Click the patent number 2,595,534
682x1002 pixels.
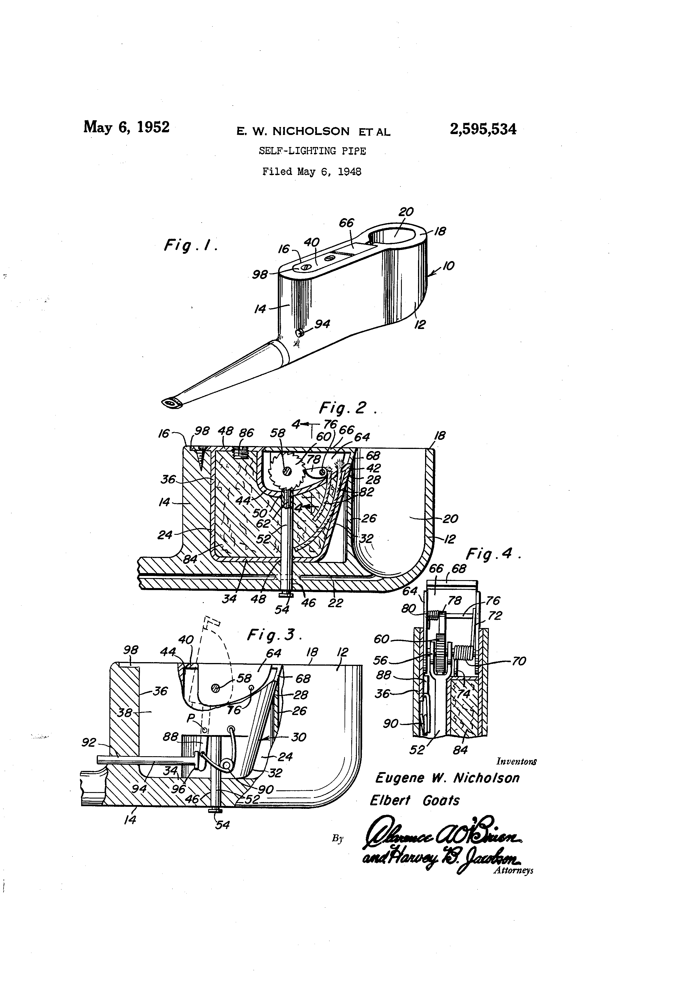tap(482, 129)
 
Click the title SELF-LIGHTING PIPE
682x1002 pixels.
tap(312, 151)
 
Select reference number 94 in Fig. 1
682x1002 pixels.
tap(322, 323)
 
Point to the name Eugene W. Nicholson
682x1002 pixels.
tap(447, 778)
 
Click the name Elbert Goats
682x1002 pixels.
tap(415, 801)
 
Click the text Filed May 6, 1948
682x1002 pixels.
tap(312, 172)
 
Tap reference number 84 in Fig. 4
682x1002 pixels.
tap(460, 750)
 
